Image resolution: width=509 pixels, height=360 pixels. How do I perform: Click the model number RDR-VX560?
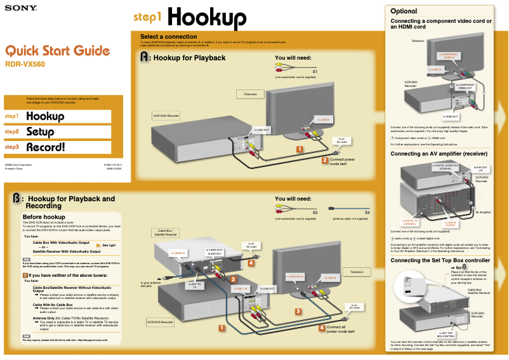pyautogui.click(x=25, y=64)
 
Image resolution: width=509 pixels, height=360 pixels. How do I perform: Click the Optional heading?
pyautogui.click(x=404, y=11)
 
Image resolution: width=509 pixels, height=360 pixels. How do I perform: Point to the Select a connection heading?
pyautogui.click(x=168, y=36)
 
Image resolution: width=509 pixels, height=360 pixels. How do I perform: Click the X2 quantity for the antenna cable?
pyautogui.click(x=367, y=211)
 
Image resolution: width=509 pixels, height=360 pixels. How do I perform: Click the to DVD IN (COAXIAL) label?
pyautogui.click(x=410, y=222)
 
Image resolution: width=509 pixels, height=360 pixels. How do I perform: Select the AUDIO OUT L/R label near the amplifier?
pyautogui.click(x=480, y=168)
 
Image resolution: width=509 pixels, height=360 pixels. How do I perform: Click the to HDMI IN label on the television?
pyautogui.click(x=435, y=69)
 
